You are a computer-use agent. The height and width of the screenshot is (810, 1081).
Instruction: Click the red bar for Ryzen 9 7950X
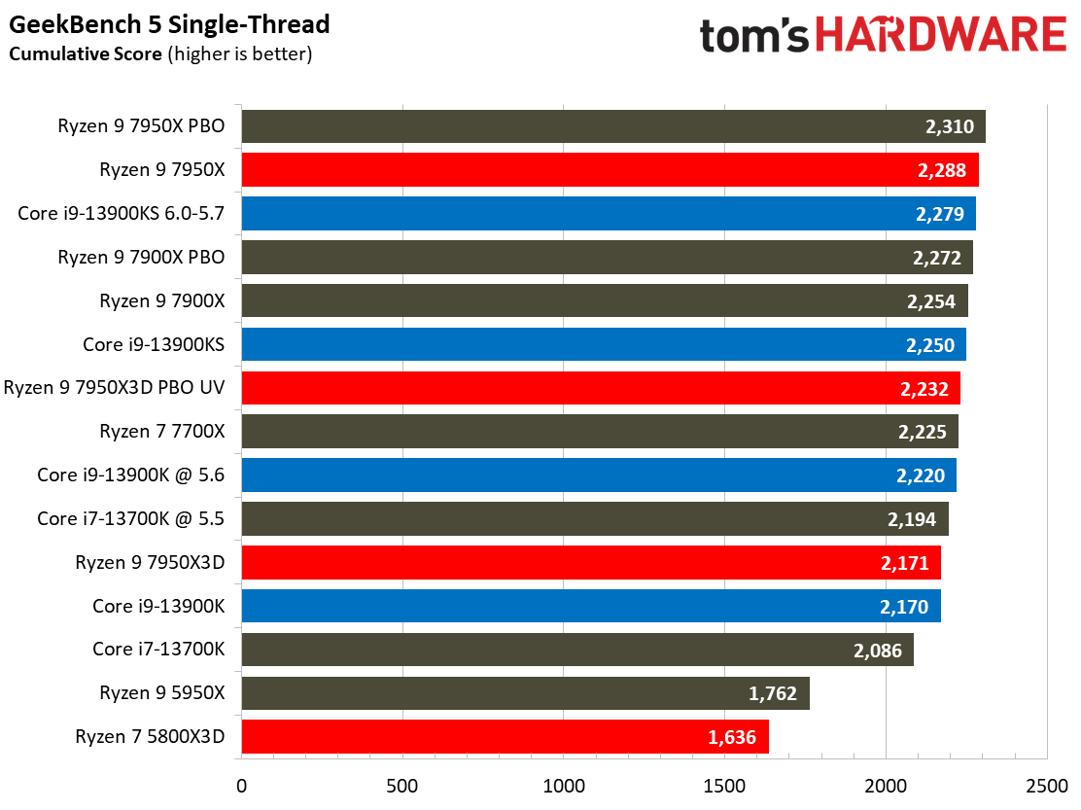click(x=610, y=170)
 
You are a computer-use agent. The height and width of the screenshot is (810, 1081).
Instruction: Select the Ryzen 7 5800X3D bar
click(x=505, y=736)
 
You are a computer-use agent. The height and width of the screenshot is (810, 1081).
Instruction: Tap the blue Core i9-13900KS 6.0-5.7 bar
click(x=608, y=214)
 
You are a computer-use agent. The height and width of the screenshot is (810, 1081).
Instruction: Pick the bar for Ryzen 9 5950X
click(x=525, y=693)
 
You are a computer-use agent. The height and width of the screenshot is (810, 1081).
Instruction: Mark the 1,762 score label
click(x=774, y=693)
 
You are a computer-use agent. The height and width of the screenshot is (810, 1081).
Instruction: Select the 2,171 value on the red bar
click(x=905, y=562)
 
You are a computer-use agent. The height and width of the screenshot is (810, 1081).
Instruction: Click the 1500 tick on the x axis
click(x=724, y=784)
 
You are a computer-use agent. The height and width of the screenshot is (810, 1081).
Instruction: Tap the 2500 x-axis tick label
click(x=1046, y=784)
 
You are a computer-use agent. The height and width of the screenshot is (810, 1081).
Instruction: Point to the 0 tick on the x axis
click(x=241, y=784)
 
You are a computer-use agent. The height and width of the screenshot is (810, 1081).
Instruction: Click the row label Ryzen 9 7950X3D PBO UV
click(x=115, y=388)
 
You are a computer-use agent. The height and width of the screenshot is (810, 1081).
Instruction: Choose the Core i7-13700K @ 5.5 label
click(x=131, y=518)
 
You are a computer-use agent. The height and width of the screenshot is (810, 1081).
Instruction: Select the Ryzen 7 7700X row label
click(x=162, y=432)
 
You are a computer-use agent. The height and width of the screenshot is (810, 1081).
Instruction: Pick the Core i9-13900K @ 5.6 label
click(x=131, y=475)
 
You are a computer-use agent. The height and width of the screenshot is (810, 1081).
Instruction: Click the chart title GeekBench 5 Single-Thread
click(x=170, y=24)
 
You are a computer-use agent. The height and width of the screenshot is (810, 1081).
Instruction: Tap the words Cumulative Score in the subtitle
click(x=86, y=54)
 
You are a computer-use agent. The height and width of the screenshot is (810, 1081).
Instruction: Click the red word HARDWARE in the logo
click(x=941, y=37)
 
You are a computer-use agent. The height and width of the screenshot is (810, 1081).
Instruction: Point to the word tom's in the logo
click(x=754, y=37)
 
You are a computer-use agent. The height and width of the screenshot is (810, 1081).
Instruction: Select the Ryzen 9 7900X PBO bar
click(x=607, y=258)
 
